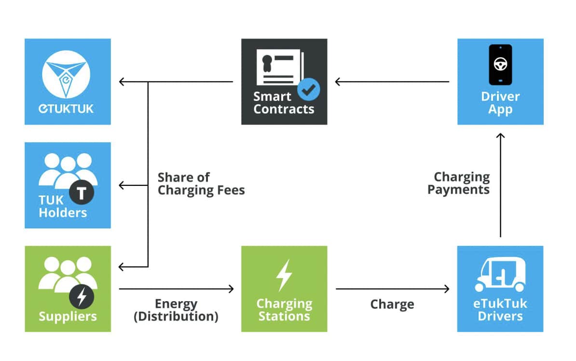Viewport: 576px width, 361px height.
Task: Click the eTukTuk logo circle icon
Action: pyautogui.click(x=67, y=72)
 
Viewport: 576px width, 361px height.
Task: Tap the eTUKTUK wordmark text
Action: pyautogui.click(x=67, y=108)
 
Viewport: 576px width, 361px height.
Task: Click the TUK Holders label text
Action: pyautogui.click(x=63, y=207)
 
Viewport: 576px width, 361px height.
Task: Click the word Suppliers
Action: pyautogui.click(x=68, y=317)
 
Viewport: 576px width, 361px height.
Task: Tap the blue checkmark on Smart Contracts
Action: pyautogui.click(x=308, y=88)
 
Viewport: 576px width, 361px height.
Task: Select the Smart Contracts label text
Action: pyautogui.click(x=284, y=102)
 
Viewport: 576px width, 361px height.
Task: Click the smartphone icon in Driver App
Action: pyautogui.click(x=500, y=65)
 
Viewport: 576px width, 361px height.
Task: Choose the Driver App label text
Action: pyautogui.click(x=500, y=102)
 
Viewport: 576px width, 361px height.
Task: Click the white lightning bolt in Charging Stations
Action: pyautogui.click(x=284, y=276)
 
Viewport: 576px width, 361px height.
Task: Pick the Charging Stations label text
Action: pyautogui.click(x=284, y=310)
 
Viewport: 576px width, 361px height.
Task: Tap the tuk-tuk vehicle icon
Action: pyautogui.click(x=500, y=275)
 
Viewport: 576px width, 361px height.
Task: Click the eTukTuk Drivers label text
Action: pyautogui.click(x=500, y=310)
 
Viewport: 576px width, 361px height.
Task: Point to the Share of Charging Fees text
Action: pyautogui.click(x=201, y=184)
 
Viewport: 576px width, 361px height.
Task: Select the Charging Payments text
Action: pyautogui.click(x=459, y=183)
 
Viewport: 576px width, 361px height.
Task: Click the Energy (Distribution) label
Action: pyautogui.click(x=176, y=310)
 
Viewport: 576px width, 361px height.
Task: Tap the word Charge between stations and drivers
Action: pyautogui.click(x=392, y=305)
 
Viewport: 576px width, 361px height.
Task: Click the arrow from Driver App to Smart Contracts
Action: pyautogui.click(x=392, y=82)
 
